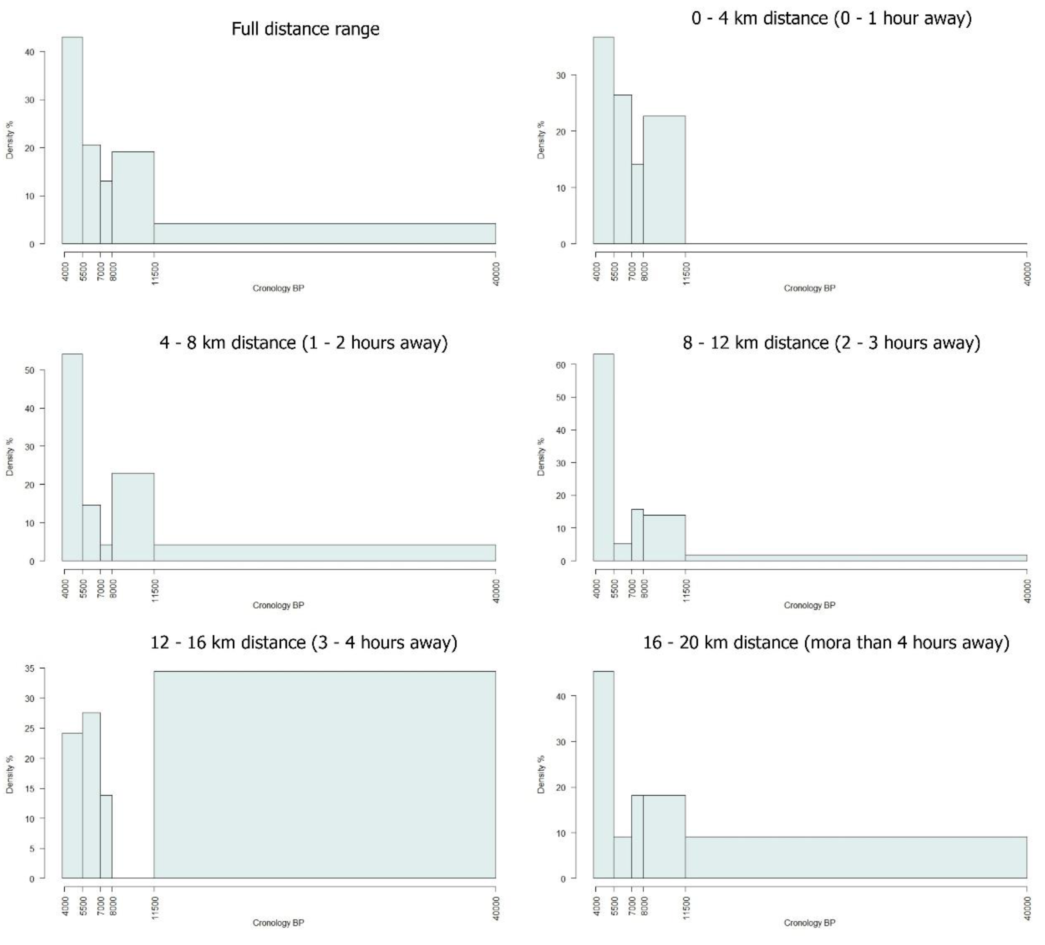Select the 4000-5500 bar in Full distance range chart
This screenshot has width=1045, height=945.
(x=72, y=140)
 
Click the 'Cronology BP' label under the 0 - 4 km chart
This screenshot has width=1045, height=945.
(x=809, y=288)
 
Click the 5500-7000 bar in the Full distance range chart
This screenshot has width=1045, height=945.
(x=91, y=194)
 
